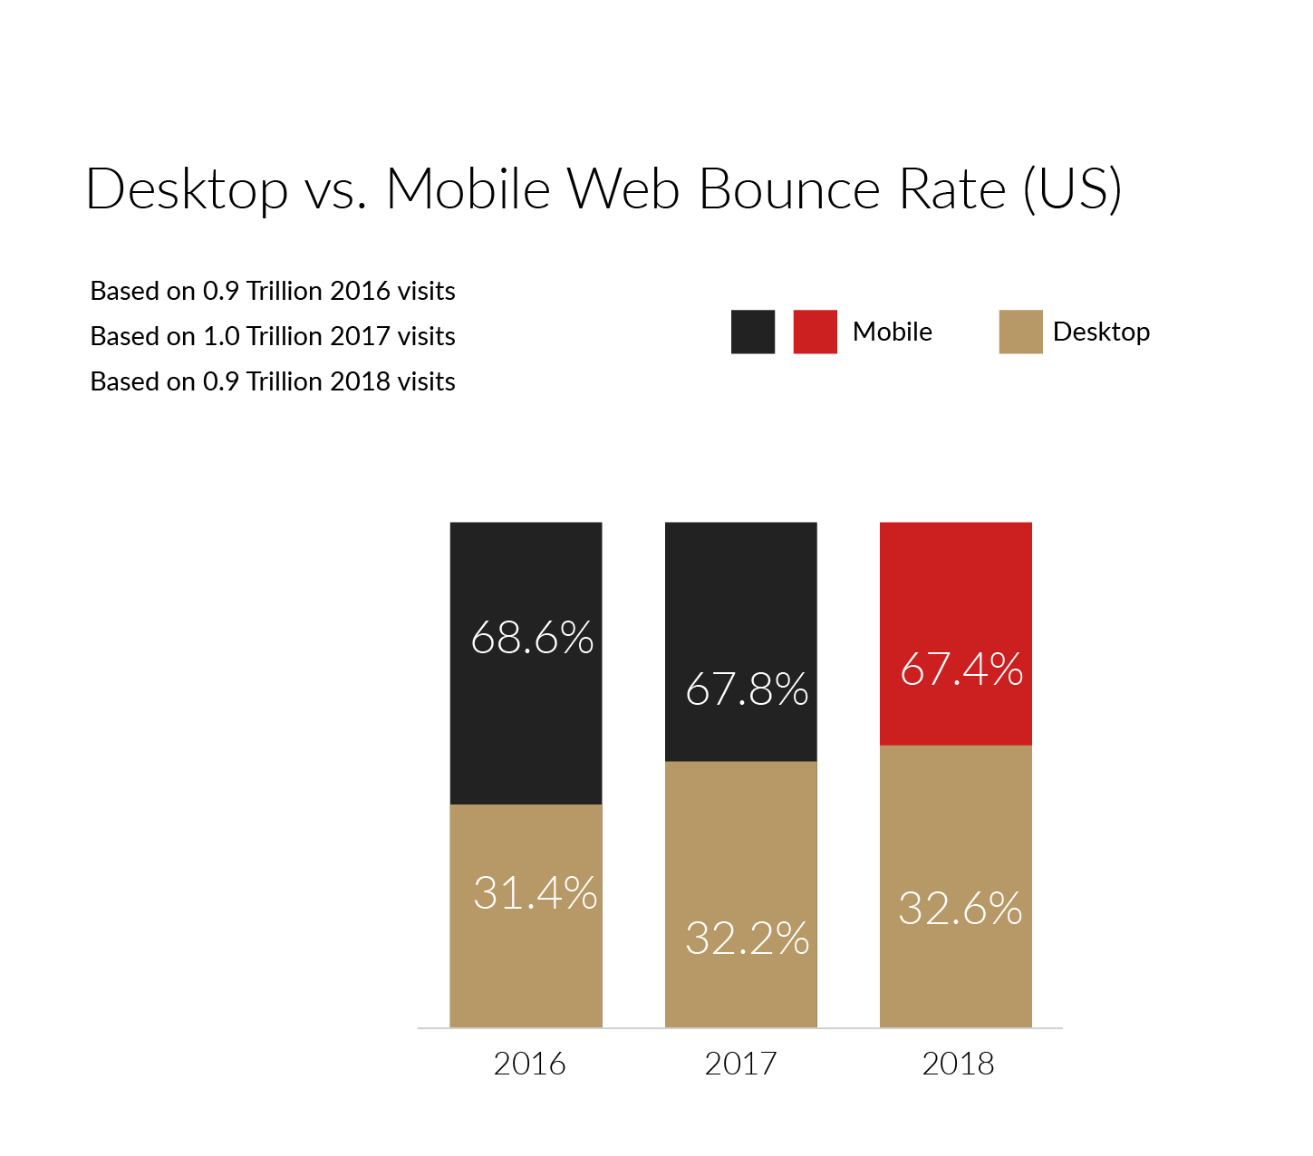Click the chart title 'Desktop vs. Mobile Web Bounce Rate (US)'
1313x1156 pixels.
pyautogui.click(x=603, y=189)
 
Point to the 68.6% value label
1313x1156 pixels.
pyautogui.click(x=532, y=638)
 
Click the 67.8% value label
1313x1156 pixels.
pyautogui.click(x=747, y=689)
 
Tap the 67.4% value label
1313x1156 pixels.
pyautogui.click(x=961, y=670)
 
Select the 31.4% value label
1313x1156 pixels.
pyautogui.click(x=535, y=893)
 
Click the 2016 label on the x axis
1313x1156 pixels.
pyautogui.click(x=529, y=1064)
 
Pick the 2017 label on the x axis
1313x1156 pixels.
pyautogui.click(x=740, y=1064)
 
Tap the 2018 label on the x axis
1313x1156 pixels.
pyautogui.click(x=958, y=1064)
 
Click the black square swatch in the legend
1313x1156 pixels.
pyautogui.click(x=753, y=332)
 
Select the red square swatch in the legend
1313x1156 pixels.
pyautogui.click(x=815, y=332)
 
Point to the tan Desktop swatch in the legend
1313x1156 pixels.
pyautogui.click(x=1020, y=332)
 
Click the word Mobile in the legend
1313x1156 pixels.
pyautogui.click(x=892, y=332)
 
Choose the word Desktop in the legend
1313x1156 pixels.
pyautogui.click(x=1101, y=332)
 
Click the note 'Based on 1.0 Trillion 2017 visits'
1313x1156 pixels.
pyautogui.click(x=273, y=336)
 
